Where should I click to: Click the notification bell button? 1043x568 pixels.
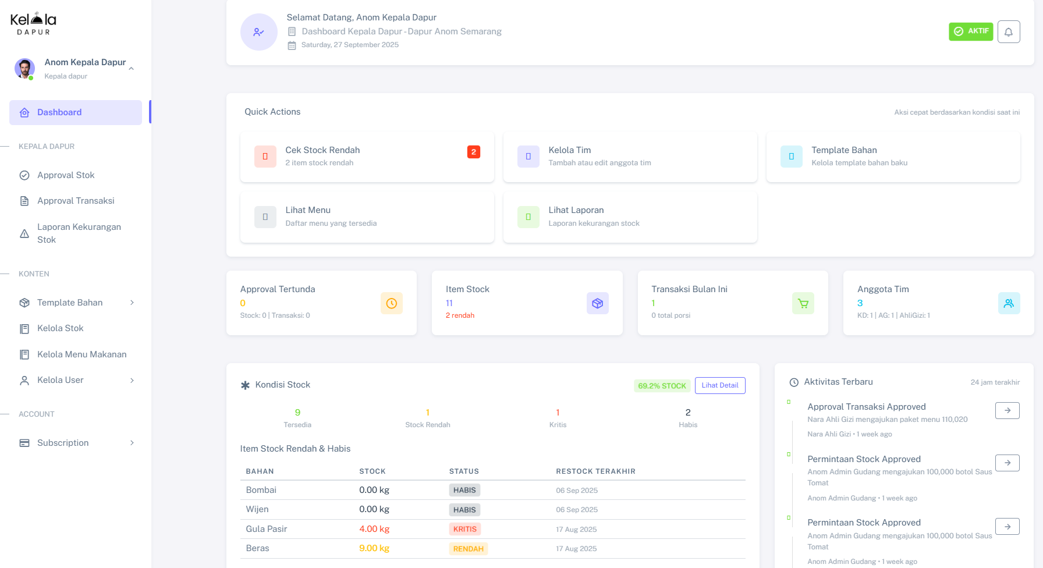[1008, 31]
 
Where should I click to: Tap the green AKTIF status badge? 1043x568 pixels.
[970, 31]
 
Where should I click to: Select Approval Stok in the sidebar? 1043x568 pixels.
[66, 175]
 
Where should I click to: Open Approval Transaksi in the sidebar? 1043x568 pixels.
[76, 201]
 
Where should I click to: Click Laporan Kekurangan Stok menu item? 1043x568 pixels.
[79, 233]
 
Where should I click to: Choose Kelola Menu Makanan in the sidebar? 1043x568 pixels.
[81, 354]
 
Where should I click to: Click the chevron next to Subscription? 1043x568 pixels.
[132, 443]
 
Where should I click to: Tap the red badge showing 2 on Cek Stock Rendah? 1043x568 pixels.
[473, 152]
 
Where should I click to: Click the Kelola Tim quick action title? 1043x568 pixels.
[569, 150]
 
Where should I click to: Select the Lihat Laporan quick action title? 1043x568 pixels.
[576, 210]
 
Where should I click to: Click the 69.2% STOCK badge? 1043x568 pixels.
[662, 386]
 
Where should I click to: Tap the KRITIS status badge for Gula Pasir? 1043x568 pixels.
[464, 529]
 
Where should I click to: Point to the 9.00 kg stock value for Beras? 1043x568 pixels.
[374, 548]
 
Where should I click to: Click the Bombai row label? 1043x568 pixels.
[261, 490]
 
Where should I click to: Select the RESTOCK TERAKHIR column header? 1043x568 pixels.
[595, 471]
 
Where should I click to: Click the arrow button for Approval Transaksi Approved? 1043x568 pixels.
[1007, 410]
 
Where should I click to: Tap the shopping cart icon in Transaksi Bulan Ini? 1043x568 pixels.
[803, 303]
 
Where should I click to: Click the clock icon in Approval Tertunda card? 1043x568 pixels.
[391, 303]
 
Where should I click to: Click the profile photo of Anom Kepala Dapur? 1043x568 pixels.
[24, 68]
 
